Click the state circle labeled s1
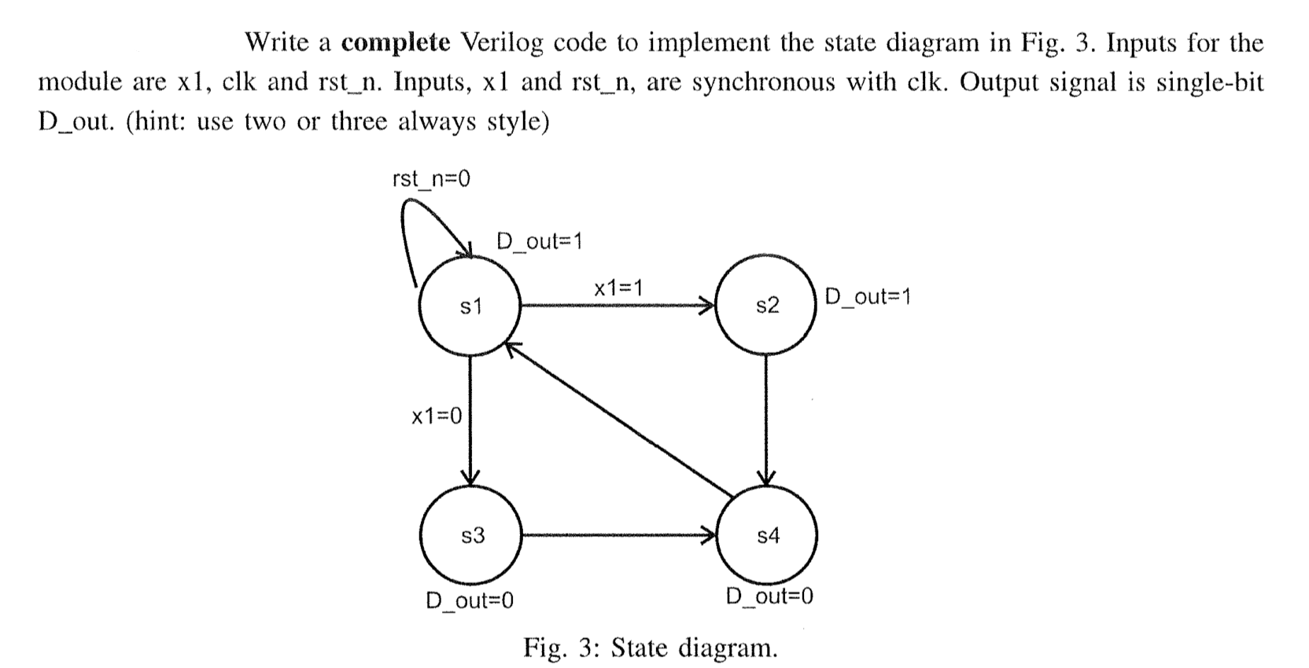[x=470, y=306]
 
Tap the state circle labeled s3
[x=470, y=537]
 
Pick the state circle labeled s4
[x=768, y=537]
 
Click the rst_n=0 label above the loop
[x=430, y=180]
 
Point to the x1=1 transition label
[x=618, y=288]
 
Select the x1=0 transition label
[x=437, y=416]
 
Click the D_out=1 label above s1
[x=540, y=240]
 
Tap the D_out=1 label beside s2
[x=868, y=297]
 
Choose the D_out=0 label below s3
[x=470, y=601]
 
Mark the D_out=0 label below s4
[x=769, y=596]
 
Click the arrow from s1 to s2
[x=617, y=305]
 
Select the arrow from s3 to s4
[x=618, y=537]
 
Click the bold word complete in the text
[x=396, y=42]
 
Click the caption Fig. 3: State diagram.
[x=651, y=648]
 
